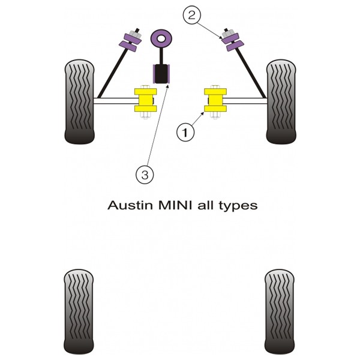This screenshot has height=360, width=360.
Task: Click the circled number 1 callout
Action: (x=185, y=133)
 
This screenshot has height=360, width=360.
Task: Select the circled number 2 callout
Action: (x=192, y=15)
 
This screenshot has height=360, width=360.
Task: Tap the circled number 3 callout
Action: (x=145, y=175)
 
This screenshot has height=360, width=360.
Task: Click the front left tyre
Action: (x=79, y=102)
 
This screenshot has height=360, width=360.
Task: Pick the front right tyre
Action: (x=281, y=102)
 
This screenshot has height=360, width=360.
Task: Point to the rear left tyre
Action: (x=79, y=312)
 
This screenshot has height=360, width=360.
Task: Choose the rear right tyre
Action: (x=280, y=312)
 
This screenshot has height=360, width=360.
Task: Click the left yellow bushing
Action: (x=146, y=100)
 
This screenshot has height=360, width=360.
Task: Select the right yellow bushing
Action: (x=215, y=100)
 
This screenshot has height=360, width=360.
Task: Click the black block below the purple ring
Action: (x=161, y=74)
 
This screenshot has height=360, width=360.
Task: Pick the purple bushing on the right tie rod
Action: (x=231, y=42)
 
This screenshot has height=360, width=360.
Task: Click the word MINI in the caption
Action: (x=175, y=205)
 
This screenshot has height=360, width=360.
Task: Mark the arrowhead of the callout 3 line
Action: (x=168, y=86)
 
